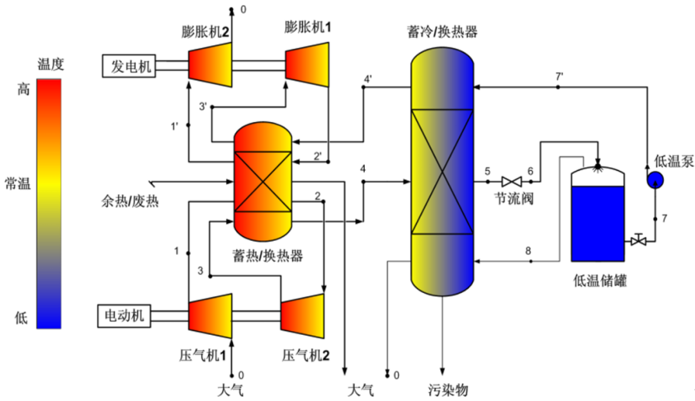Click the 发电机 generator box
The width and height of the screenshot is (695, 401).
tap(129, 66)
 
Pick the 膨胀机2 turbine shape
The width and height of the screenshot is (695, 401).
tap(210, 66)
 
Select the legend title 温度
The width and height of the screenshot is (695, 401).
tap(51, 64)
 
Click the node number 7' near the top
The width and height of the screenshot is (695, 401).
tap(559, 76)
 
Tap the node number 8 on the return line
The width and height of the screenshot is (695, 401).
tap(528, 251)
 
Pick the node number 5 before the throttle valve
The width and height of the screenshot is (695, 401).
tap(487, 171)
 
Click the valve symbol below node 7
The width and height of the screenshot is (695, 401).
tap(638, 241)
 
